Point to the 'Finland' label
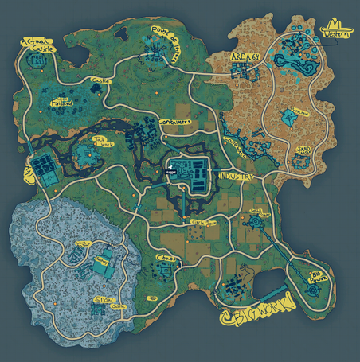[x=62, y=103]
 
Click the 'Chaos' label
[x=166, y=259]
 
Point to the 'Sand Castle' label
[x=303, y=150]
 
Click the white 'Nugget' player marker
[x=170, y=169]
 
